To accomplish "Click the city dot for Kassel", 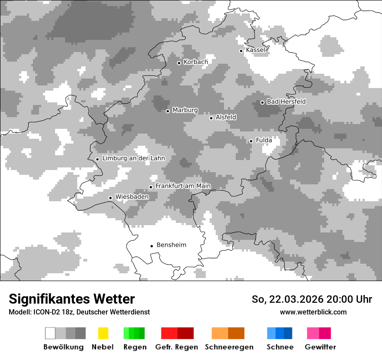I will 241,51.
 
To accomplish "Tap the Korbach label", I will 195,62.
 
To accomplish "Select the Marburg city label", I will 185,110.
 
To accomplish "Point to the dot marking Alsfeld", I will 211,118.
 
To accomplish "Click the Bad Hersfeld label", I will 286,101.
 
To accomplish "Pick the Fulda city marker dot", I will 251,141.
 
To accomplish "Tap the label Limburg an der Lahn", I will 133,158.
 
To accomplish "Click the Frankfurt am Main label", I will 183,186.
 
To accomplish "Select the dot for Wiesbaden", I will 111,198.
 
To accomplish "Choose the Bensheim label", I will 171,245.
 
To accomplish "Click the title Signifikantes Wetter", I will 72,299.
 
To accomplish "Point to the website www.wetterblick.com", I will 313,312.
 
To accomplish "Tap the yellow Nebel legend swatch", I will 103,333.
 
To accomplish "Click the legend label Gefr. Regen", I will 177,347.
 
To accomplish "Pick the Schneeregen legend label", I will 229,347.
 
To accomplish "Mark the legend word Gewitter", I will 320,347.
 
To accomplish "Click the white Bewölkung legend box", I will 50,333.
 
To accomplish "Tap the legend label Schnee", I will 280,347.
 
